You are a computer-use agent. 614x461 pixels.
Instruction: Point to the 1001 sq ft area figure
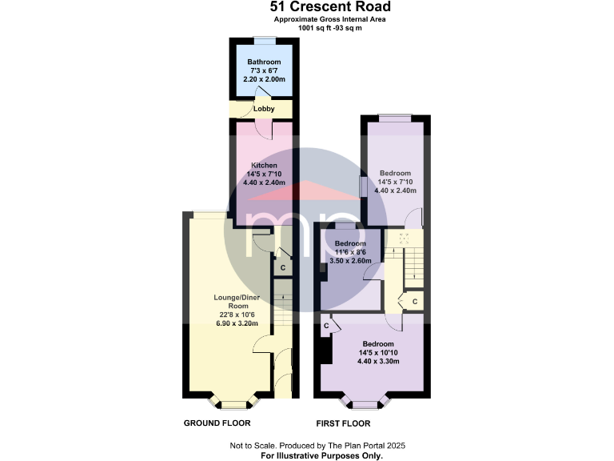319,28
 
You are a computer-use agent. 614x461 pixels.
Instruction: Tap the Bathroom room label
263,62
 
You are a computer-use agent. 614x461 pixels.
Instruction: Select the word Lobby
264,109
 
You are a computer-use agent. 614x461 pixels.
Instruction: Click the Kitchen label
263,166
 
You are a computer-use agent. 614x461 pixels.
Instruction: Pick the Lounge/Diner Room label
233,302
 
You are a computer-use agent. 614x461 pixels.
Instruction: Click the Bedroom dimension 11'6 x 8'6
350,252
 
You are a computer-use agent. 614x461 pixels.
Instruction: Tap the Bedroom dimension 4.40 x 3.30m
379,361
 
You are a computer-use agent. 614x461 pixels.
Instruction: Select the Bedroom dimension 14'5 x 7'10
395,182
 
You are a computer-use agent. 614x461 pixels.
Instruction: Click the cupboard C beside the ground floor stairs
282,267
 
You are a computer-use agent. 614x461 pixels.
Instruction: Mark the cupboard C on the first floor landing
414,302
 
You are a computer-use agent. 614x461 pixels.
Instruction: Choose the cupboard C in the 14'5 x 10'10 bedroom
326,326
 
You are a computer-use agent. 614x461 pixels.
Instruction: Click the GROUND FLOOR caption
217,423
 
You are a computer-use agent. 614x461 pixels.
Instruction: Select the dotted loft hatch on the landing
404,238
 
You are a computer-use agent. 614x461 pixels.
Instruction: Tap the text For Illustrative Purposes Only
322,455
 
